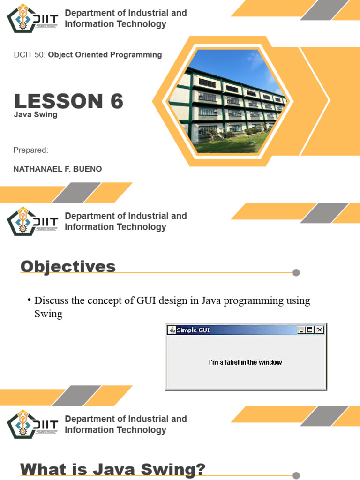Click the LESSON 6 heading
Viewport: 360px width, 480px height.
click(68, 101)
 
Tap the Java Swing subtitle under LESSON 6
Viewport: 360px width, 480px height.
click(36, 115)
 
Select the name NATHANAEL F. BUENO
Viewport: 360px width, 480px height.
click(58, 169)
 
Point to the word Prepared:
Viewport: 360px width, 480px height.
click(31, 150)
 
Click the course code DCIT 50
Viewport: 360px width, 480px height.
click(30, 55)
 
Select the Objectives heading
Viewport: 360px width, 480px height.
click(68, 267)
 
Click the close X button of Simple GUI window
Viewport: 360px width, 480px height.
click(320, 330)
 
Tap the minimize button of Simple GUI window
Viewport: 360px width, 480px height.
click(301, 330)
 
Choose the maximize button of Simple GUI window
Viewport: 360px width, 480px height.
click(310, 330)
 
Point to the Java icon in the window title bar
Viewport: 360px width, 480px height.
click(172, 330)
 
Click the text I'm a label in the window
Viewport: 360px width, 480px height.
click(245, 362)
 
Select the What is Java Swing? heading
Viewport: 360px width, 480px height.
click(112, 470)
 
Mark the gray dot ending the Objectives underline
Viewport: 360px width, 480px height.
click(296, 273)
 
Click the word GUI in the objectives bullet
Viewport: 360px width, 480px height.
click(145, 300)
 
